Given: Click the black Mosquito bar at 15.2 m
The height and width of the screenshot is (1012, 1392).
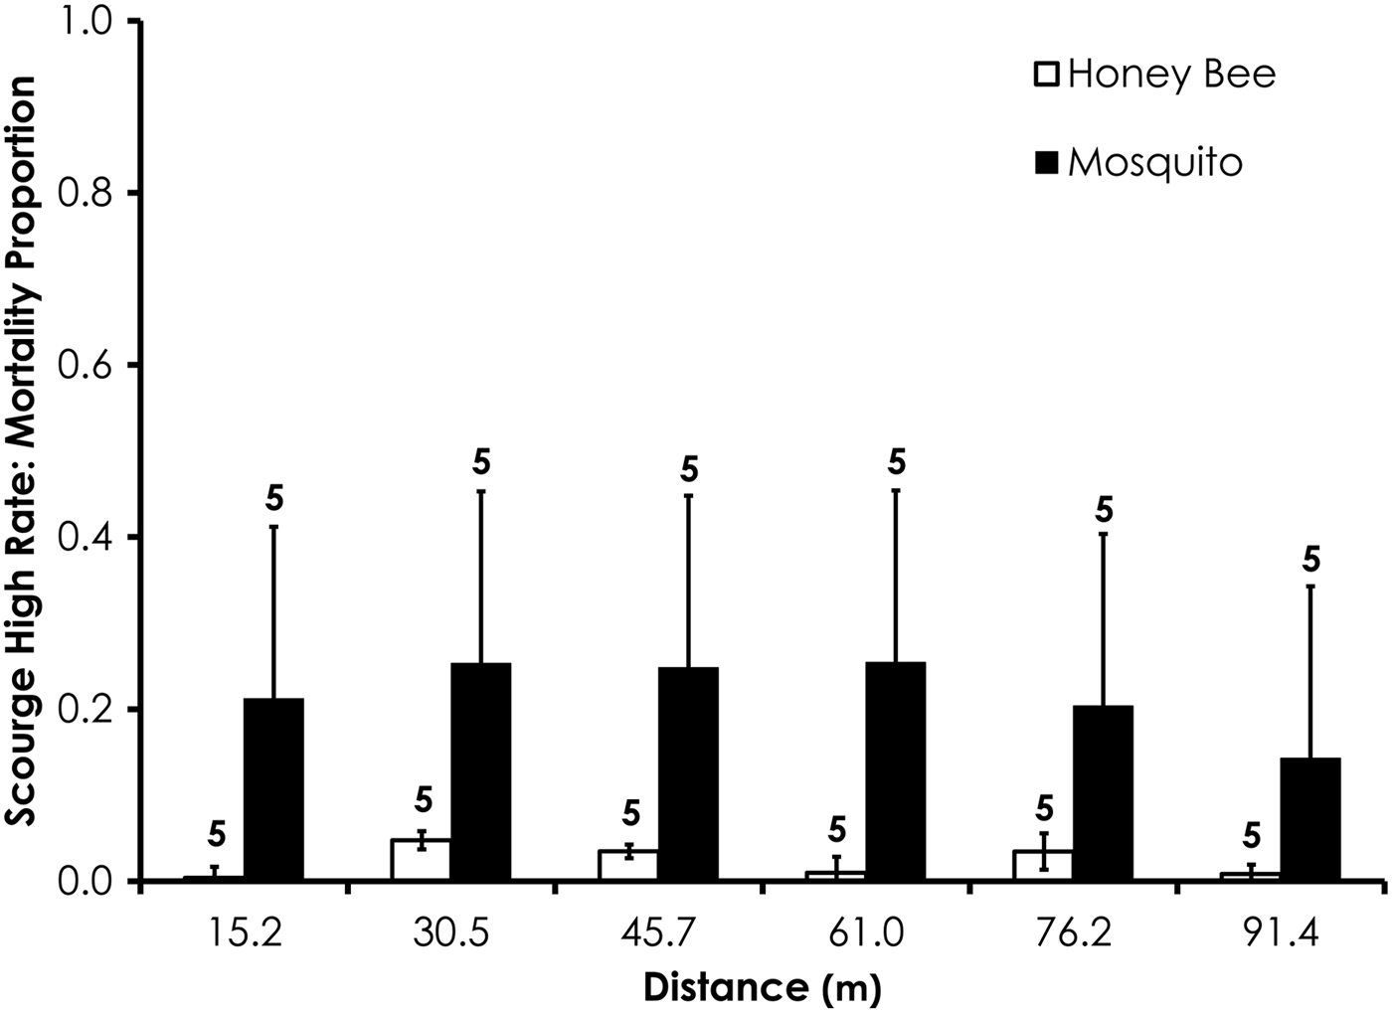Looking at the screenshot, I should (273, 789).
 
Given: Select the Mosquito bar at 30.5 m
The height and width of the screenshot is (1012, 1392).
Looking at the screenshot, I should (480, 771).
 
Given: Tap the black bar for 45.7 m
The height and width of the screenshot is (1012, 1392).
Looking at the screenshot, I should (688, 773).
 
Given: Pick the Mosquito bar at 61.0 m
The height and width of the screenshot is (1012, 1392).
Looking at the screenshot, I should (895, 771).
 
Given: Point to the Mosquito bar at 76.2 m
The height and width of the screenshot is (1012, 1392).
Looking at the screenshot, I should (1103, 793).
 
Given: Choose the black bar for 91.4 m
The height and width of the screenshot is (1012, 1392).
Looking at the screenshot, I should (1310, 819).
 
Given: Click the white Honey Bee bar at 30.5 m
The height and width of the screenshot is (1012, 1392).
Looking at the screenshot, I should (421, 861).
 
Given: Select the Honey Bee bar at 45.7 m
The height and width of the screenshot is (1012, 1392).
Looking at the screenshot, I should (628, 866).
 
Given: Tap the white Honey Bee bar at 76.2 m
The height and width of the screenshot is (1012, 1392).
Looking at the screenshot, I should (1043, 866).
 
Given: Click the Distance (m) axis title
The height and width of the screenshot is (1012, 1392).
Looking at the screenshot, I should (763, 988).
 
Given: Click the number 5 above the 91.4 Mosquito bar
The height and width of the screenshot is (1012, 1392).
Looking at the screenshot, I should (1311, 561).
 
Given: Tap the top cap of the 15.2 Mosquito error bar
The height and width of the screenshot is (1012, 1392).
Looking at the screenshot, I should (273, 526).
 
